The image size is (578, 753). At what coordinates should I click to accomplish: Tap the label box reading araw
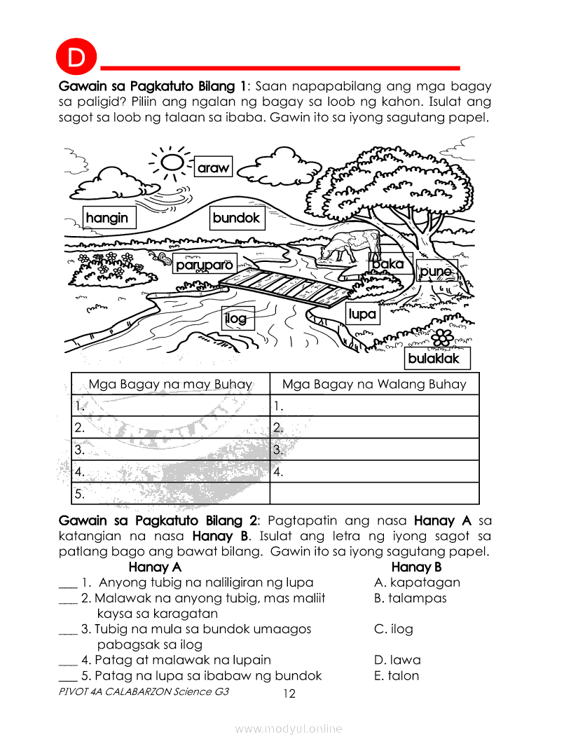[213, 168]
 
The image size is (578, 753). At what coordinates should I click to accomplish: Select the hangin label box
[108, 218]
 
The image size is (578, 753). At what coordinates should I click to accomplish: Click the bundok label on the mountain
[236, 218]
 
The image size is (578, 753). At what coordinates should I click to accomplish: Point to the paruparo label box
[204, 265]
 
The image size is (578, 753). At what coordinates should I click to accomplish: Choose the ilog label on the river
[236, 319]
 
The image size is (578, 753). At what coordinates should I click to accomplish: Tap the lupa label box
[362, 315]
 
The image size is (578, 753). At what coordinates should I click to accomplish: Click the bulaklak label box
[434, 358]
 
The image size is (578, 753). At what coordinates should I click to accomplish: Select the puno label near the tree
[436, 271]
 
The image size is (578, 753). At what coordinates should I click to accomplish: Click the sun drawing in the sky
[169, 163]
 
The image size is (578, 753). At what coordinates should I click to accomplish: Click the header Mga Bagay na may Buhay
[170, 384]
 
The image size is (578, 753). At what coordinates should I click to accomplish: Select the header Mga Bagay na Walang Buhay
[373, 384]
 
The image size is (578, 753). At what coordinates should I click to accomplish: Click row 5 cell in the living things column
[170, 493]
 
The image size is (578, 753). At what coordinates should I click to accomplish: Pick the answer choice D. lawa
[397, 660]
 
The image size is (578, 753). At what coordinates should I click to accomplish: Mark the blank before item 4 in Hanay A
[67, 660]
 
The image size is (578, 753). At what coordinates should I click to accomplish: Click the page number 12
[289, 694]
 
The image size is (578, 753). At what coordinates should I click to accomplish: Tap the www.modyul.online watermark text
[289, 729]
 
